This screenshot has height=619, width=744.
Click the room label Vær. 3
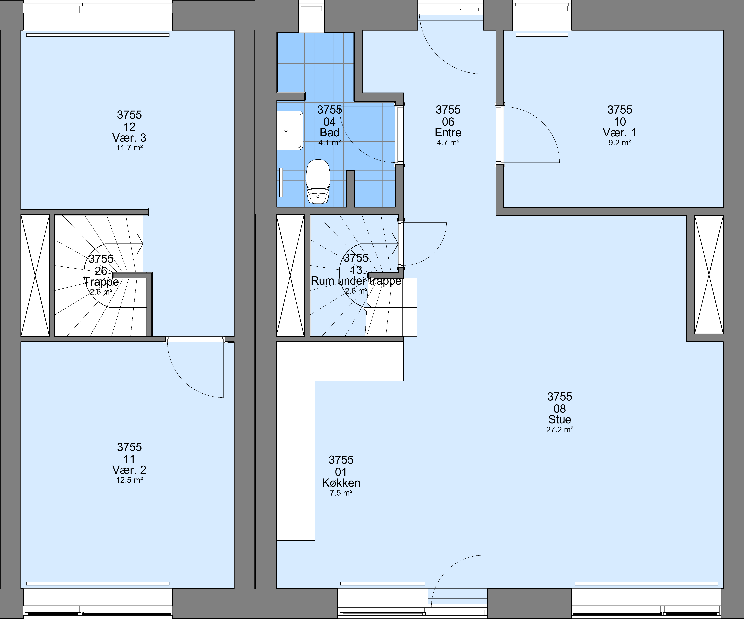[x=129, y=138]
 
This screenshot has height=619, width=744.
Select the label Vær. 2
[x=129, y=470]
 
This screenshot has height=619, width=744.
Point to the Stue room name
[x=560, y=420]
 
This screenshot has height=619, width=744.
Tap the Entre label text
[x=448, y=133]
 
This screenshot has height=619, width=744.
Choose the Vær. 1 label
[x=620, y=133]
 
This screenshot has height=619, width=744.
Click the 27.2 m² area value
[x=560, y=430]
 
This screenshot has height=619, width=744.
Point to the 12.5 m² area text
[x=129, y=480]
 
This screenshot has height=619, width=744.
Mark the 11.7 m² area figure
[x=129, y=148]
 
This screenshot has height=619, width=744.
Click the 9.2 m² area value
[x=620, y=143]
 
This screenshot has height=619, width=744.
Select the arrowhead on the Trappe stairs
[x=140, y=244]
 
